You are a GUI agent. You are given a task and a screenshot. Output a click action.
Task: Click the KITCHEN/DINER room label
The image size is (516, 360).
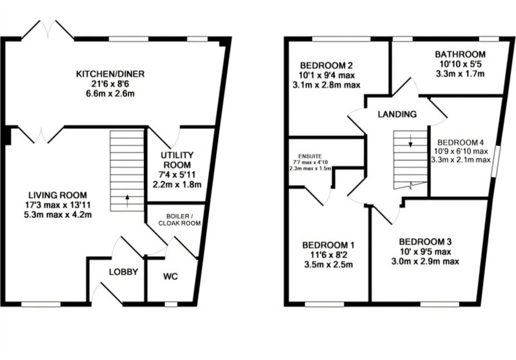click(x=110, y=74)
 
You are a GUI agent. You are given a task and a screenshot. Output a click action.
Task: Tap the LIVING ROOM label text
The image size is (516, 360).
click(x=57, y=195)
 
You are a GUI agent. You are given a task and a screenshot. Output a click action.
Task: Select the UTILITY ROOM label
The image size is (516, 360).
click(x=177, y=159)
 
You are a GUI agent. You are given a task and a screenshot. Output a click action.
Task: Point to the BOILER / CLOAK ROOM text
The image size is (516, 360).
click(x=179, y=220)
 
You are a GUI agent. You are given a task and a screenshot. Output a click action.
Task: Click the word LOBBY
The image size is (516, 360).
click(x=123, y=272)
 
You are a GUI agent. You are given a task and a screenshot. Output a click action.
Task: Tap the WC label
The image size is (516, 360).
click(x=170, y=276)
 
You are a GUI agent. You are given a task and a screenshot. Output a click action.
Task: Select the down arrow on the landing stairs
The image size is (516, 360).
click(x=410, y=140)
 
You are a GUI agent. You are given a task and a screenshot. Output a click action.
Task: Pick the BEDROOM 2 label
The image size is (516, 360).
click(x=322, y=65)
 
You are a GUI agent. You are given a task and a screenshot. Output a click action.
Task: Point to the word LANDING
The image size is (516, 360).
click(x=397, y=114)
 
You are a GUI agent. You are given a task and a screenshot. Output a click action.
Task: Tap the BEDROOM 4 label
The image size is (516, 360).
click(x=461, y=143)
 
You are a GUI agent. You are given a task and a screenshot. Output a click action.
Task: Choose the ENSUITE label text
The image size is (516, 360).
click(x=310, y=156)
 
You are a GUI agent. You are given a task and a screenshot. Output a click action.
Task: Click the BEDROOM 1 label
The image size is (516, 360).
click(x=328, y=245)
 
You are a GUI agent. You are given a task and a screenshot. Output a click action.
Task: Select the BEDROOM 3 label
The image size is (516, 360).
click(x=425, y=242)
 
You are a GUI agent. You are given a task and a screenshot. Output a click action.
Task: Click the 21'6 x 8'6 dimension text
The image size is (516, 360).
click(x=110, y=84)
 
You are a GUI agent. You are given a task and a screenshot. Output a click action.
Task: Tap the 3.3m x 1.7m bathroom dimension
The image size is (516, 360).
click(x=460, y=74)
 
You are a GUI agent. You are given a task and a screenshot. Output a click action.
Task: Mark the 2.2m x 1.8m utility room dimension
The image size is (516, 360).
click(x=177, y=185)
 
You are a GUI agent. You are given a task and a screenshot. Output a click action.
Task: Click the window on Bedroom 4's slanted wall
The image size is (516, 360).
click(x=496, y=161)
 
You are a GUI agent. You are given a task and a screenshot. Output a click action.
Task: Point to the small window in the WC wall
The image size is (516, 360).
click(x=171, y=304)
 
